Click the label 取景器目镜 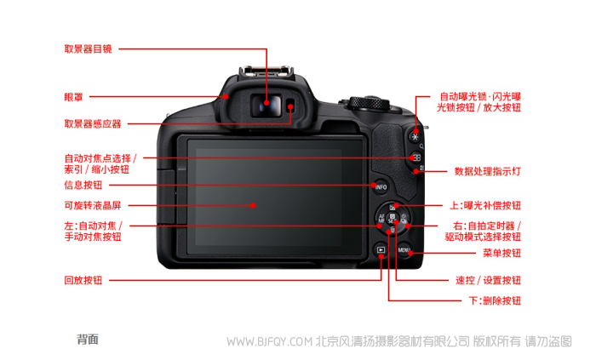pos(88,49)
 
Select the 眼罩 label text pos(73,97)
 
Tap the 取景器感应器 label pos(92,123)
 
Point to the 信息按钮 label pos(83,185)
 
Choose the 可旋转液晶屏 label pos(92,205)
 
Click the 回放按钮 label pos(83,280)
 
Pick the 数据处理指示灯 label pos(488,171)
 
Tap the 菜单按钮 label pos(501,253)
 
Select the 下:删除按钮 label pos(495,300)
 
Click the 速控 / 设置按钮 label pos(489,280)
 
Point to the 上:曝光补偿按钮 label pos(485,205)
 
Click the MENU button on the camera pos(404,250)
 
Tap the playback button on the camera pos(381,250)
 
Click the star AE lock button pos(415,137)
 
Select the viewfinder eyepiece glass pos(266,106)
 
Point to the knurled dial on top pos(369,103)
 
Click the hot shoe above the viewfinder pos(266,71)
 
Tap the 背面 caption pos(88,339)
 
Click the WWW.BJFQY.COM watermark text pos(270,342)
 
